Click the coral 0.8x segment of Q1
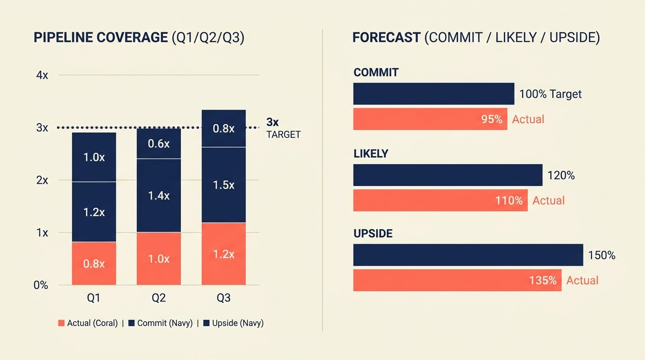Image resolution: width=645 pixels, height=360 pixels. click(x=94, y=263)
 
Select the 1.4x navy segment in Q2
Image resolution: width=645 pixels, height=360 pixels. click(x=158, y=195)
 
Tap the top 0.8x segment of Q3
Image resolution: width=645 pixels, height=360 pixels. click(x=224, y=128)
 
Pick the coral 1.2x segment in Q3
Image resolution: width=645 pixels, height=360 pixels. click(x=224, y=254)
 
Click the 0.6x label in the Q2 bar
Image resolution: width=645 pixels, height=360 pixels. click(x=158, y=144)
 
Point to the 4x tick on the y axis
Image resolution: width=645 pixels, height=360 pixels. click(x=42, y=75)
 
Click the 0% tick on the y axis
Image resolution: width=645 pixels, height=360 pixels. click(x=41, y=285)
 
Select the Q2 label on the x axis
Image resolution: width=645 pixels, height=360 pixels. click(x=158, y=298)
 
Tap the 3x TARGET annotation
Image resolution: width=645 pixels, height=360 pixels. click(x=283, y=128)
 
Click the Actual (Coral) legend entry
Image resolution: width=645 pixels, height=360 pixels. click(x=88, y=323)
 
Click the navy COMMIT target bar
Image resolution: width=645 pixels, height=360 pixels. click(x=434, y=94)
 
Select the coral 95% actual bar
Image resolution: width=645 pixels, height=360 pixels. click(x=430, y=119)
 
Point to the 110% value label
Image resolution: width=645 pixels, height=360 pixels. click(x=509, y=201)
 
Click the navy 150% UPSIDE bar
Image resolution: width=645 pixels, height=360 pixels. click(x=468, y=255)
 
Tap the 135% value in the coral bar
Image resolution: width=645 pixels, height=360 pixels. click(x=543, y=280)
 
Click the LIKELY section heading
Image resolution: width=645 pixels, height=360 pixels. click(x=371, y=153)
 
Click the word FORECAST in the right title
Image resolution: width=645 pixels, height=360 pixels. click(x=386, y=38)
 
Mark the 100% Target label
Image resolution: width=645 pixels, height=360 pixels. click(x=550, y=94)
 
